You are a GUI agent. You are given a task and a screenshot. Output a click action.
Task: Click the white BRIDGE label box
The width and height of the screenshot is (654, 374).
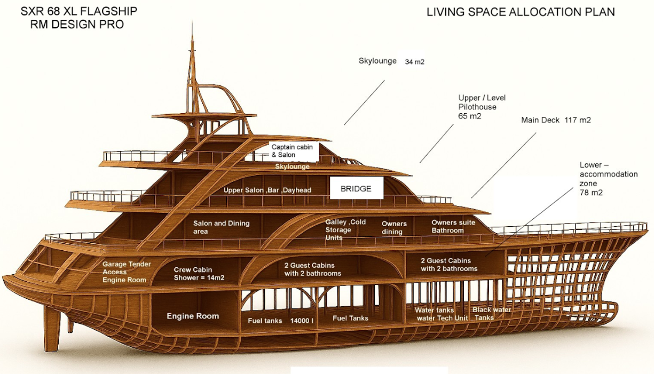(x=356, y=188)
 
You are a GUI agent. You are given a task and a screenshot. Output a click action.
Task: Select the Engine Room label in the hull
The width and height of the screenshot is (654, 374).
(x=193, y=316)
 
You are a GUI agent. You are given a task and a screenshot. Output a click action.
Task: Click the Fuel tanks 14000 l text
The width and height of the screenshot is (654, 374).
(x=280, y=321)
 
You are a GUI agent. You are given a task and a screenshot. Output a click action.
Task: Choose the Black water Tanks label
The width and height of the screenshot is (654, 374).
(x=491, y=314)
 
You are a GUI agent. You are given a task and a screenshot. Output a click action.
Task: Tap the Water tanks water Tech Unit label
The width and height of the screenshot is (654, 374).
(x=442, y=314)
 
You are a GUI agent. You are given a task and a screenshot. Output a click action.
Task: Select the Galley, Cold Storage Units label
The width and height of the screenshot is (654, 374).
(x=345, y=229)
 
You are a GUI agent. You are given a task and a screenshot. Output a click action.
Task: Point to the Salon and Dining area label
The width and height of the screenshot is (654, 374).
(x=221, y=227)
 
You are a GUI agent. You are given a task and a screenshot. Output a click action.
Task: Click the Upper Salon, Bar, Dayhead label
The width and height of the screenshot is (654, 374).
(x=267, y=190)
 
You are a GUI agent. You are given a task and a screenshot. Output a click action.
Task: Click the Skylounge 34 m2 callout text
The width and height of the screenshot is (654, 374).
(x=391, y=61)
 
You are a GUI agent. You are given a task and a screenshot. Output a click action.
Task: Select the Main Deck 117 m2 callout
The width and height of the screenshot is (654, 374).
(x=556, y=120)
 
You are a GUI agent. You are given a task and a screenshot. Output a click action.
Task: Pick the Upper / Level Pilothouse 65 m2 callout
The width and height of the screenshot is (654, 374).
(x=482, y=107)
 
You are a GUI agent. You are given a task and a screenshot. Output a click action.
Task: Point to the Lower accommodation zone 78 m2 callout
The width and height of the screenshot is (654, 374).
(x=608, y=179)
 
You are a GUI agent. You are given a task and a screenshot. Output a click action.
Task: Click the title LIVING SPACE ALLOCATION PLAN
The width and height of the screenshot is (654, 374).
(x=521, y=12)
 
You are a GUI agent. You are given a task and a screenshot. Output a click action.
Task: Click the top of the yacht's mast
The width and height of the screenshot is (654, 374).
(x=192, y=26)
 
